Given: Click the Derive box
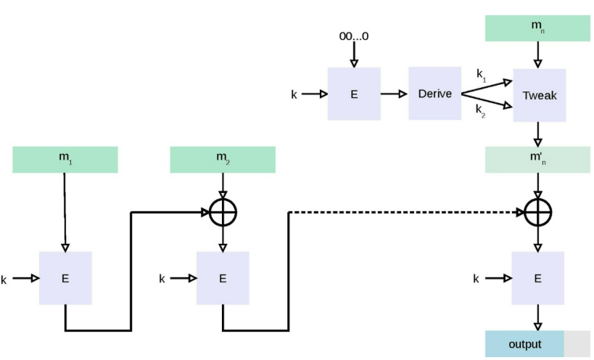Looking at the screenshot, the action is pos(435,94).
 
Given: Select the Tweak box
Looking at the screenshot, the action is pos(540,95).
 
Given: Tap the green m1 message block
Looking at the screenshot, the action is pos(65,160).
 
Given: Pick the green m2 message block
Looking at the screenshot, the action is pos(223,160).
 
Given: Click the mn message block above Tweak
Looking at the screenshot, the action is pos(537,28).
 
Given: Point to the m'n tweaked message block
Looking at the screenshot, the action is pos(537,160).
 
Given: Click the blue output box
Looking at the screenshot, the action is pos(524,344).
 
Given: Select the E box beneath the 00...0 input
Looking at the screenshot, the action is pos(354,94).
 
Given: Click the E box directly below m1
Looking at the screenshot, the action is pos(65,278).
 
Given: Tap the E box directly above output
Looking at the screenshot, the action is pos(538,278).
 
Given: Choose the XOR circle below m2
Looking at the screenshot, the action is pos(223,212).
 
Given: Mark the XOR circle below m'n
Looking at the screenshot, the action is pos(538,212).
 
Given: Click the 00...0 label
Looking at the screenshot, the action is pos(354,36).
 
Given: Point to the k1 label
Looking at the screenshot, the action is pos(481,75).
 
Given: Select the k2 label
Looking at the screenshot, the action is pos(480,110).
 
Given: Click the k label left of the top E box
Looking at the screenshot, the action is pos(294,94).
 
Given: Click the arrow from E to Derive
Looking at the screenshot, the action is pos(394,94).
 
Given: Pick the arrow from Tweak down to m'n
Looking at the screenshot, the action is pos(538,134).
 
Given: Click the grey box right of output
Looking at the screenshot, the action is pos(577,344).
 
